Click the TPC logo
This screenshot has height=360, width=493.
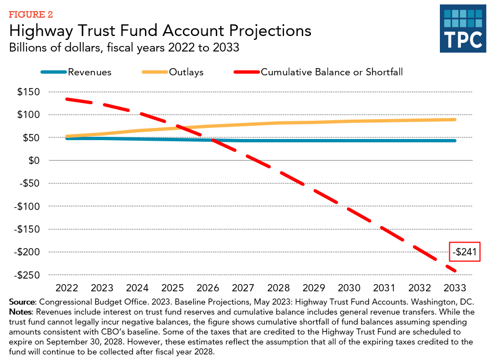coord(463,29)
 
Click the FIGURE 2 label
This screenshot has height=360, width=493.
coord(30,13)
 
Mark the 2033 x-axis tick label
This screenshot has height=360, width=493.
coord(455,289)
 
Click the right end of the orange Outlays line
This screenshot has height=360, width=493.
coord(455,120)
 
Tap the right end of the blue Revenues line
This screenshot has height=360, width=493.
coord(455,141)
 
